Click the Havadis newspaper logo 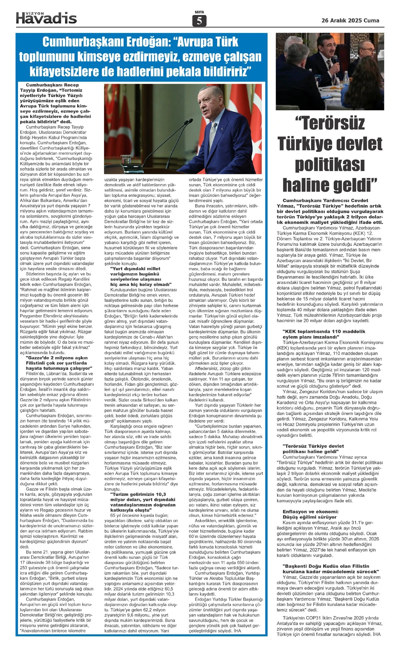click(46, 18)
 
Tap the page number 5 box click(199, 21)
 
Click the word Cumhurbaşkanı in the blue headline click(85, 42)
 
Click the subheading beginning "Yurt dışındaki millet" click(135, 268)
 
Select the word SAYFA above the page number click(199, 12)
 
